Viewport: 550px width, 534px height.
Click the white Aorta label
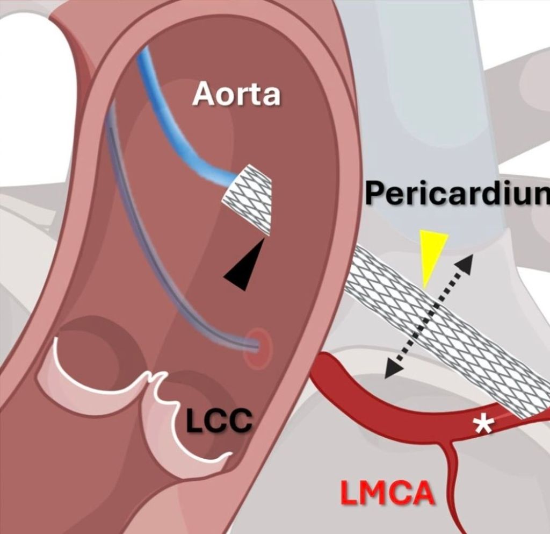236,95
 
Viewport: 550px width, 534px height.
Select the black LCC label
219,421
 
